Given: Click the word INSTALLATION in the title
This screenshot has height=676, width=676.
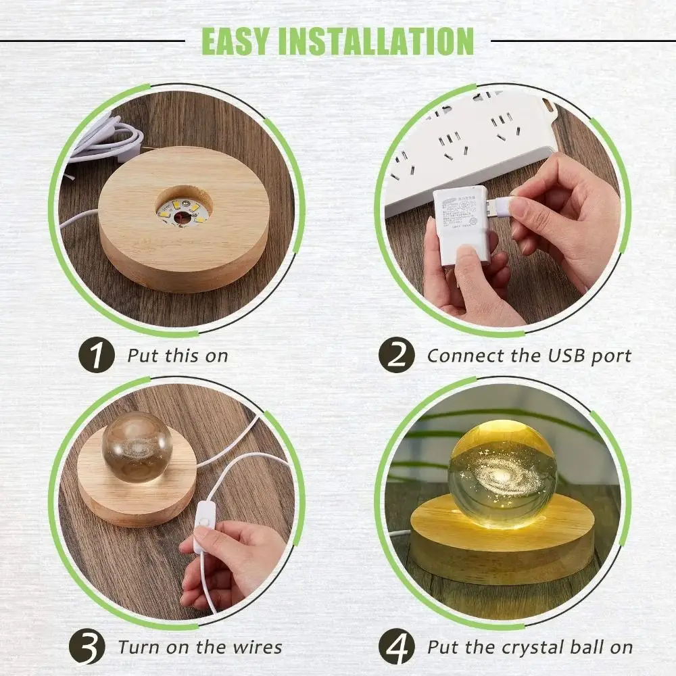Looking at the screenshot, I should coord(376,41).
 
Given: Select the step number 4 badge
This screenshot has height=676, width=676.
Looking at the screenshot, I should coord(395,648).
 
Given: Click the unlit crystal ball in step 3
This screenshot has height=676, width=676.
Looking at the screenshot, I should coord(137,447).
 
